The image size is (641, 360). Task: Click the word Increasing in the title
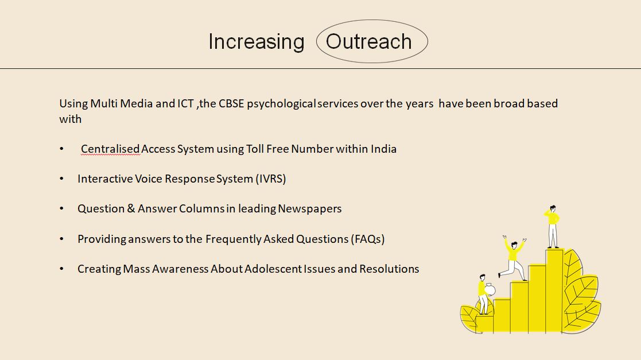(x=257, y=42)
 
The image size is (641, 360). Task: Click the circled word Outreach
(x=369, y=41)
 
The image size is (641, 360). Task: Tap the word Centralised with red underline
(x=110, y=149)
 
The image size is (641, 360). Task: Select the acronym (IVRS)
(x=271, y=179)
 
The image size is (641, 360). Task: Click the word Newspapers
(x=310, y=209)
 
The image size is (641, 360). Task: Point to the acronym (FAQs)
(x=367, y=239)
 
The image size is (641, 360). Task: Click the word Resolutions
(x=389, y=269)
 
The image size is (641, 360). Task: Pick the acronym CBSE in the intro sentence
(x=231, y=103)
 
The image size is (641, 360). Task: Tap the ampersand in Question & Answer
(x=131, y=208)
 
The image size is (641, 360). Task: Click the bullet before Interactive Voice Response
(x=62, y=179)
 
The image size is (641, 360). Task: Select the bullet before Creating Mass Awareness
(x=62, y=269)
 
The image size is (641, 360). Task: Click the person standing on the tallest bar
(x=552, y=226)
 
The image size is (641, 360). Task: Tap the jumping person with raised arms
(x=512, y=257)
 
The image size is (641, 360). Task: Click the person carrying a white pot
(x=484, y=295)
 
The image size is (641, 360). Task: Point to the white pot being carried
(x=490, y=289)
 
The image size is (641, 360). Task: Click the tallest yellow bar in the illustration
(x=554, y=291)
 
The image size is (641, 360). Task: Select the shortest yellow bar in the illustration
(x=484, y=323)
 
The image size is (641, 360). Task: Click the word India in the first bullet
(x=383, y=149)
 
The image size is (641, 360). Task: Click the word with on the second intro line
(x=71, y=119)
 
